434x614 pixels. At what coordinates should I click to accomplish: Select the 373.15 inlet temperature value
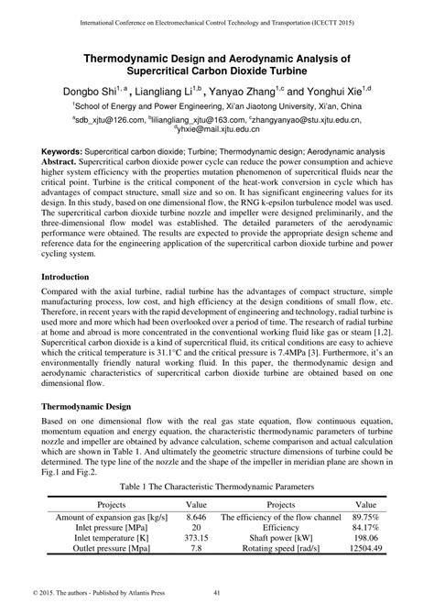pyautogui.click(x=197, y=539)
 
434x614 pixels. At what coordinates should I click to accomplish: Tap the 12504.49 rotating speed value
pyautogui.click(x=365, y=550)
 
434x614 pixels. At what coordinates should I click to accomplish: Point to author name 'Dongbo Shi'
pyautogui.click(x=88, y=92)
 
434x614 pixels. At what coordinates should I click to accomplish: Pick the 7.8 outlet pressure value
pyautogui.click(x=197, y=550)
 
